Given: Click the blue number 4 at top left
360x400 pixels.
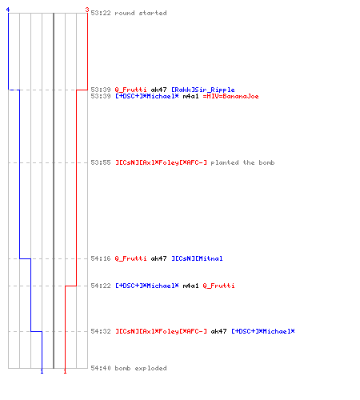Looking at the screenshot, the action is (x=8, y=10).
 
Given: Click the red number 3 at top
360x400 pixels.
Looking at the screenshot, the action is (x=87, y=10).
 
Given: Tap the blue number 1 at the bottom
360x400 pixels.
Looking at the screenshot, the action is (x=42, y=371).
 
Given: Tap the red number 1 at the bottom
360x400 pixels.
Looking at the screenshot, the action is (x=65, y=371).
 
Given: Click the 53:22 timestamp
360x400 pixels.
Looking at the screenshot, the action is (x=101, y=13).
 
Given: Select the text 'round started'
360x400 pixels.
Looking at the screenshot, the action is (x=141, y=13).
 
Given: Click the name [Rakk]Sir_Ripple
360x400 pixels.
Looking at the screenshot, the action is (x=203, y=90).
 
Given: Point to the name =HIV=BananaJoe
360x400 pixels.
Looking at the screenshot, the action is (x=230, y=96).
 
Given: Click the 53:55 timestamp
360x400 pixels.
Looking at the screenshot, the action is (x=101, y=162).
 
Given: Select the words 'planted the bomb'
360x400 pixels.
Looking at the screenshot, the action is (x=242, y=162).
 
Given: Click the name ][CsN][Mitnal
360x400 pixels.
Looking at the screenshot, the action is (x=197, y=258).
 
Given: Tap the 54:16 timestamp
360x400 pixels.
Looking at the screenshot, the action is (x=101, y=258).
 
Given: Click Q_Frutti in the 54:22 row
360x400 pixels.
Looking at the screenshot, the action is (x=218, y=286).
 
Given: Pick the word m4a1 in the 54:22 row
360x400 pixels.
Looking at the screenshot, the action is (x=190, y=286).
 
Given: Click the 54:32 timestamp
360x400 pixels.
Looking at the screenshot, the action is (x=101, y=331).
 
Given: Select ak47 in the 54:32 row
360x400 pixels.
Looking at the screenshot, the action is (x=218, y=331).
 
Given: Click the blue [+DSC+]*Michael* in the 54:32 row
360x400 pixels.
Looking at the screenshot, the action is (x=263, y=331).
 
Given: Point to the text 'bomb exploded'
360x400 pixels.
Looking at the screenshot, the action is (x=141, y=368).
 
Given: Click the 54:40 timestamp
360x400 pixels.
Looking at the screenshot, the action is (x=101, y=368).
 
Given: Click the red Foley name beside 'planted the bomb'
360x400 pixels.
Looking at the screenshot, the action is (x=161, y=162).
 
